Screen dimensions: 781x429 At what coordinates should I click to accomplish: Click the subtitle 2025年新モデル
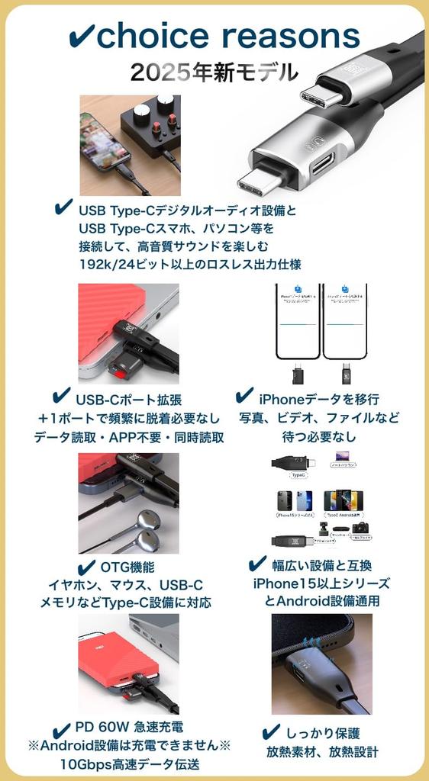tap(214, 72)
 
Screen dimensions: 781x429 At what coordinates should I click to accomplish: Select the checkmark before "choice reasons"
tap(80, 36)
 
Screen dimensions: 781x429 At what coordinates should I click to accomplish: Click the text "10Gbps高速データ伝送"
tap(130, 763)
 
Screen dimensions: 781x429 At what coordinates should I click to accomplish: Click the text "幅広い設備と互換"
tap(323, 565)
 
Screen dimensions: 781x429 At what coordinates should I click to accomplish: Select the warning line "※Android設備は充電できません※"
tap(129, 745)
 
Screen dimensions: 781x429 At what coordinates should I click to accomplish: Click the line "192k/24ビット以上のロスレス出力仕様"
tap(190, 265)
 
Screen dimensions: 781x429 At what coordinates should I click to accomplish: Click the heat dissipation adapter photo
tap(321, 664)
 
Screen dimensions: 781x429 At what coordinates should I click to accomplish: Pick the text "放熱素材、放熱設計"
tap(321, 752)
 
